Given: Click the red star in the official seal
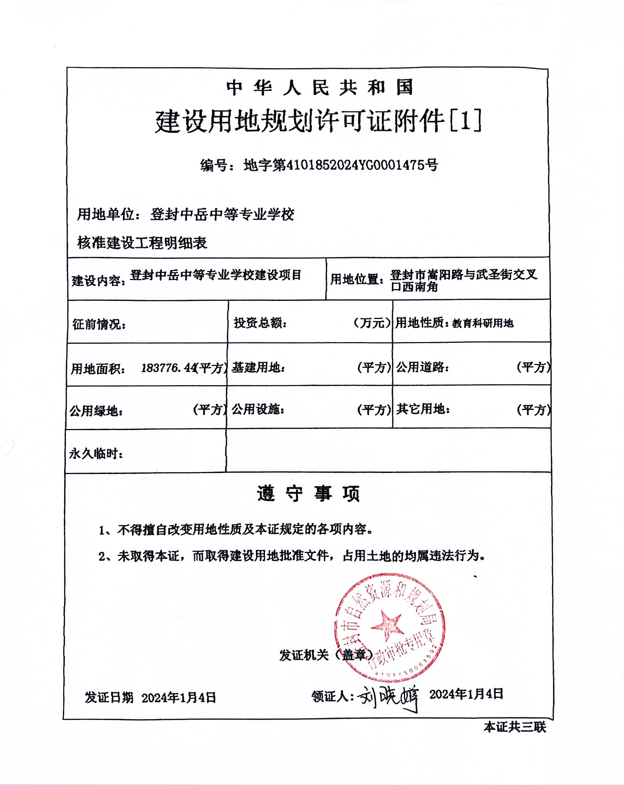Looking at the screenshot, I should click(x=388, y=627).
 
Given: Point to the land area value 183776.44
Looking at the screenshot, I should click(x=168, y=368).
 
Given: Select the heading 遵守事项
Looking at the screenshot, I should click(x=308, y=494).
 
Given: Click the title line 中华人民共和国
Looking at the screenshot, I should click(x=320, y=88).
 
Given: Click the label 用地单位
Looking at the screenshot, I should click(x=106, y=214).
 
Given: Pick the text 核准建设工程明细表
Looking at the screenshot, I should click(x=142, y=243).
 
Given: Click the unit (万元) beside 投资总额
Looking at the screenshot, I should click(x=372, y=323).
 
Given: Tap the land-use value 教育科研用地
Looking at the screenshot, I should click(x=483, y=323).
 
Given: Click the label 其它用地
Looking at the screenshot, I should click(x=423, y=409).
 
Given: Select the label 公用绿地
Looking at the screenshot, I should click(x=96, y=411).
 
